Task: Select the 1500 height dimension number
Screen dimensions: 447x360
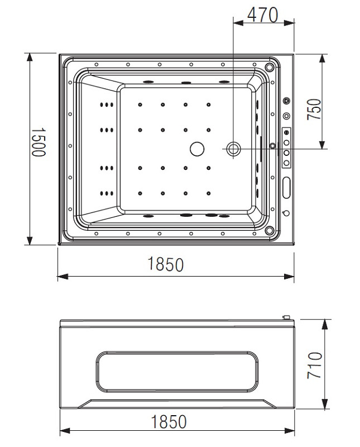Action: point(37,142)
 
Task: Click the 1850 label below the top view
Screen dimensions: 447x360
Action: point(165,264)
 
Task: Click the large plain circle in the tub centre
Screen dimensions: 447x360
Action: point(197,149)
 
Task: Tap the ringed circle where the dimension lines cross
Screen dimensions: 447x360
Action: point(233,149)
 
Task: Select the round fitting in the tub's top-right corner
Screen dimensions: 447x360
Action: point(270,67)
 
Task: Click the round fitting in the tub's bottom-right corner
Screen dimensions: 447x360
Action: point(270,230)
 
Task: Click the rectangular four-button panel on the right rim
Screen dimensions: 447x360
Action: point(287,148)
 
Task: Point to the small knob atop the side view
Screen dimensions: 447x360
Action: point(287,318)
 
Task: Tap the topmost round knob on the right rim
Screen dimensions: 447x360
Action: point(287,101)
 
